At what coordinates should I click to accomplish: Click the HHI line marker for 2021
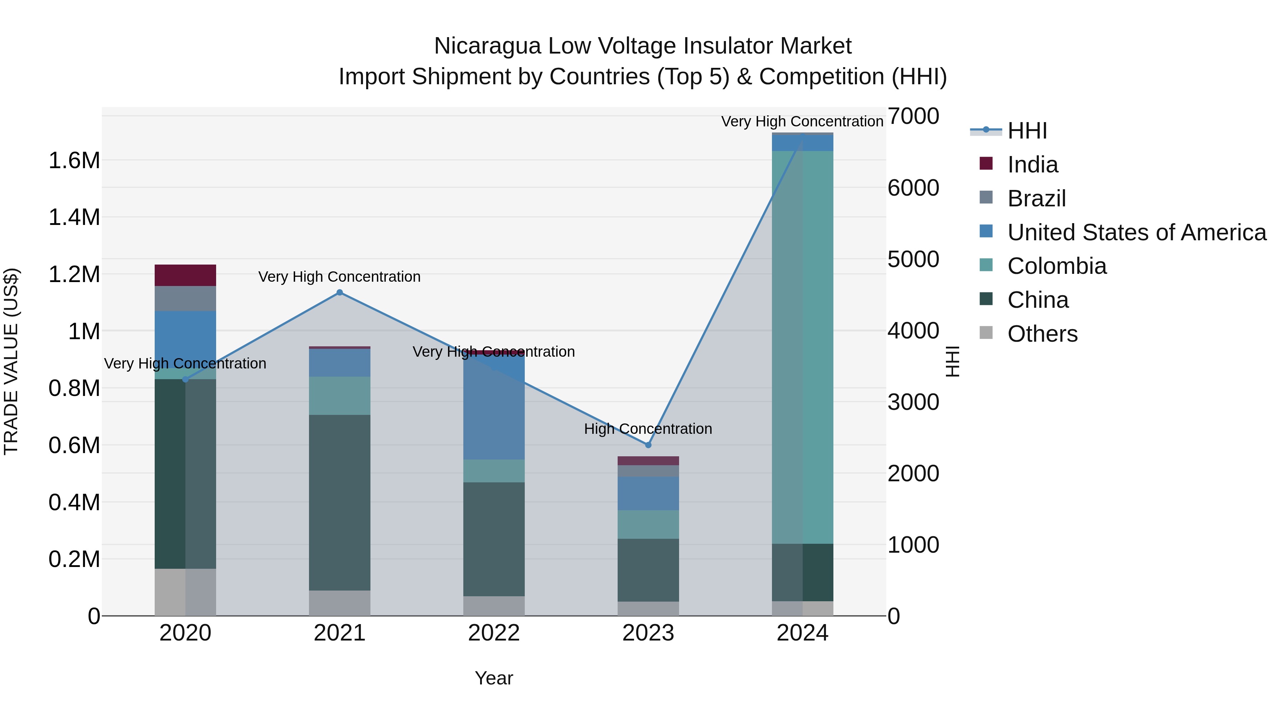[x=339, y=292]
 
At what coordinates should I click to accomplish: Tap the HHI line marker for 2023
[x=648, y=445]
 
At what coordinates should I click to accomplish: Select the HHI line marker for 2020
[x=185, y=379]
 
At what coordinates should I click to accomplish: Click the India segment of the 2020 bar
[x=185, y=275]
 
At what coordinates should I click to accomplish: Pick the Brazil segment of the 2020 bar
[x=185, y=298]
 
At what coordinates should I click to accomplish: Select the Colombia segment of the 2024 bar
[x=802, y=347]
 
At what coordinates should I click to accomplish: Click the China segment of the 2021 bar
[x=339, y=502]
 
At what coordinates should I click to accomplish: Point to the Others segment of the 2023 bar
[x=648, y=608]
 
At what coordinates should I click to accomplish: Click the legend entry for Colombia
[x=1056, y=266]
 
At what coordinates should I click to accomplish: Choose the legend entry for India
[x=1032, y=165]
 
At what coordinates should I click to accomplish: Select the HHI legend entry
[x=1027, y=131]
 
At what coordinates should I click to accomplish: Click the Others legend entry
[x=1042, y=334]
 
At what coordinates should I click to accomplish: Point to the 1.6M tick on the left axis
[x=74, y=161]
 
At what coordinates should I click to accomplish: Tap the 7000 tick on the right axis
[x=913, y=116]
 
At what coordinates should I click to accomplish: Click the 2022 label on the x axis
[x=494, y=633]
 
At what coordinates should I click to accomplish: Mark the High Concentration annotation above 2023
[x=648, y=428]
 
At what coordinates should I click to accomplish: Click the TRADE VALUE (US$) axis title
[x=11, y=361]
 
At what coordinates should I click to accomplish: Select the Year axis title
[x=494, y=678]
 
